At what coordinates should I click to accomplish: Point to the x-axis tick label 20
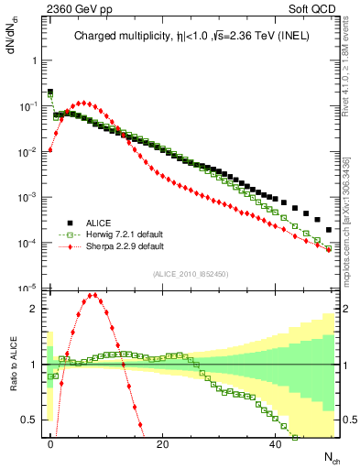pos(163,444)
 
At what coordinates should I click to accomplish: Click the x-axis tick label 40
pos(276,444)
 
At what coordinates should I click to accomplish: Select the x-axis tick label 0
pos(50,444)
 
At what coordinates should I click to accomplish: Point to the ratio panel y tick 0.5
pos(31,420)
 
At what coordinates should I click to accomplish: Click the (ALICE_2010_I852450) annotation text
pos(190,274)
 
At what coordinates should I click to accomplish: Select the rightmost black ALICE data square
pos(329,230)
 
